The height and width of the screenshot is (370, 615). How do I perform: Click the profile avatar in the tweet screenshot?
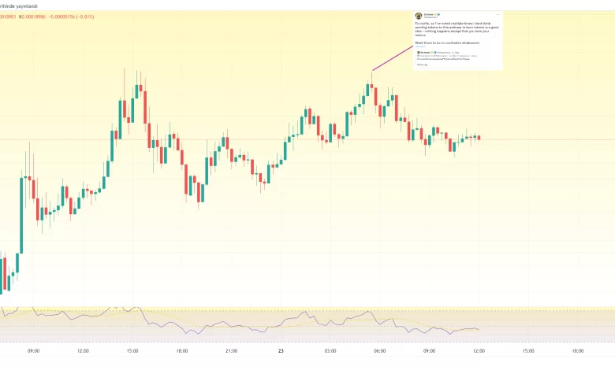pos(419,16)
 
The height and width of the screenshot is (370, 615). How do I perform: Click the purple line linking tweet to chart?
pos(394,58)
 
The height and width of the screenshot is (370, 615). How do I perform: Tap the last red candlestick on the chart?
pos(479,138)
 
